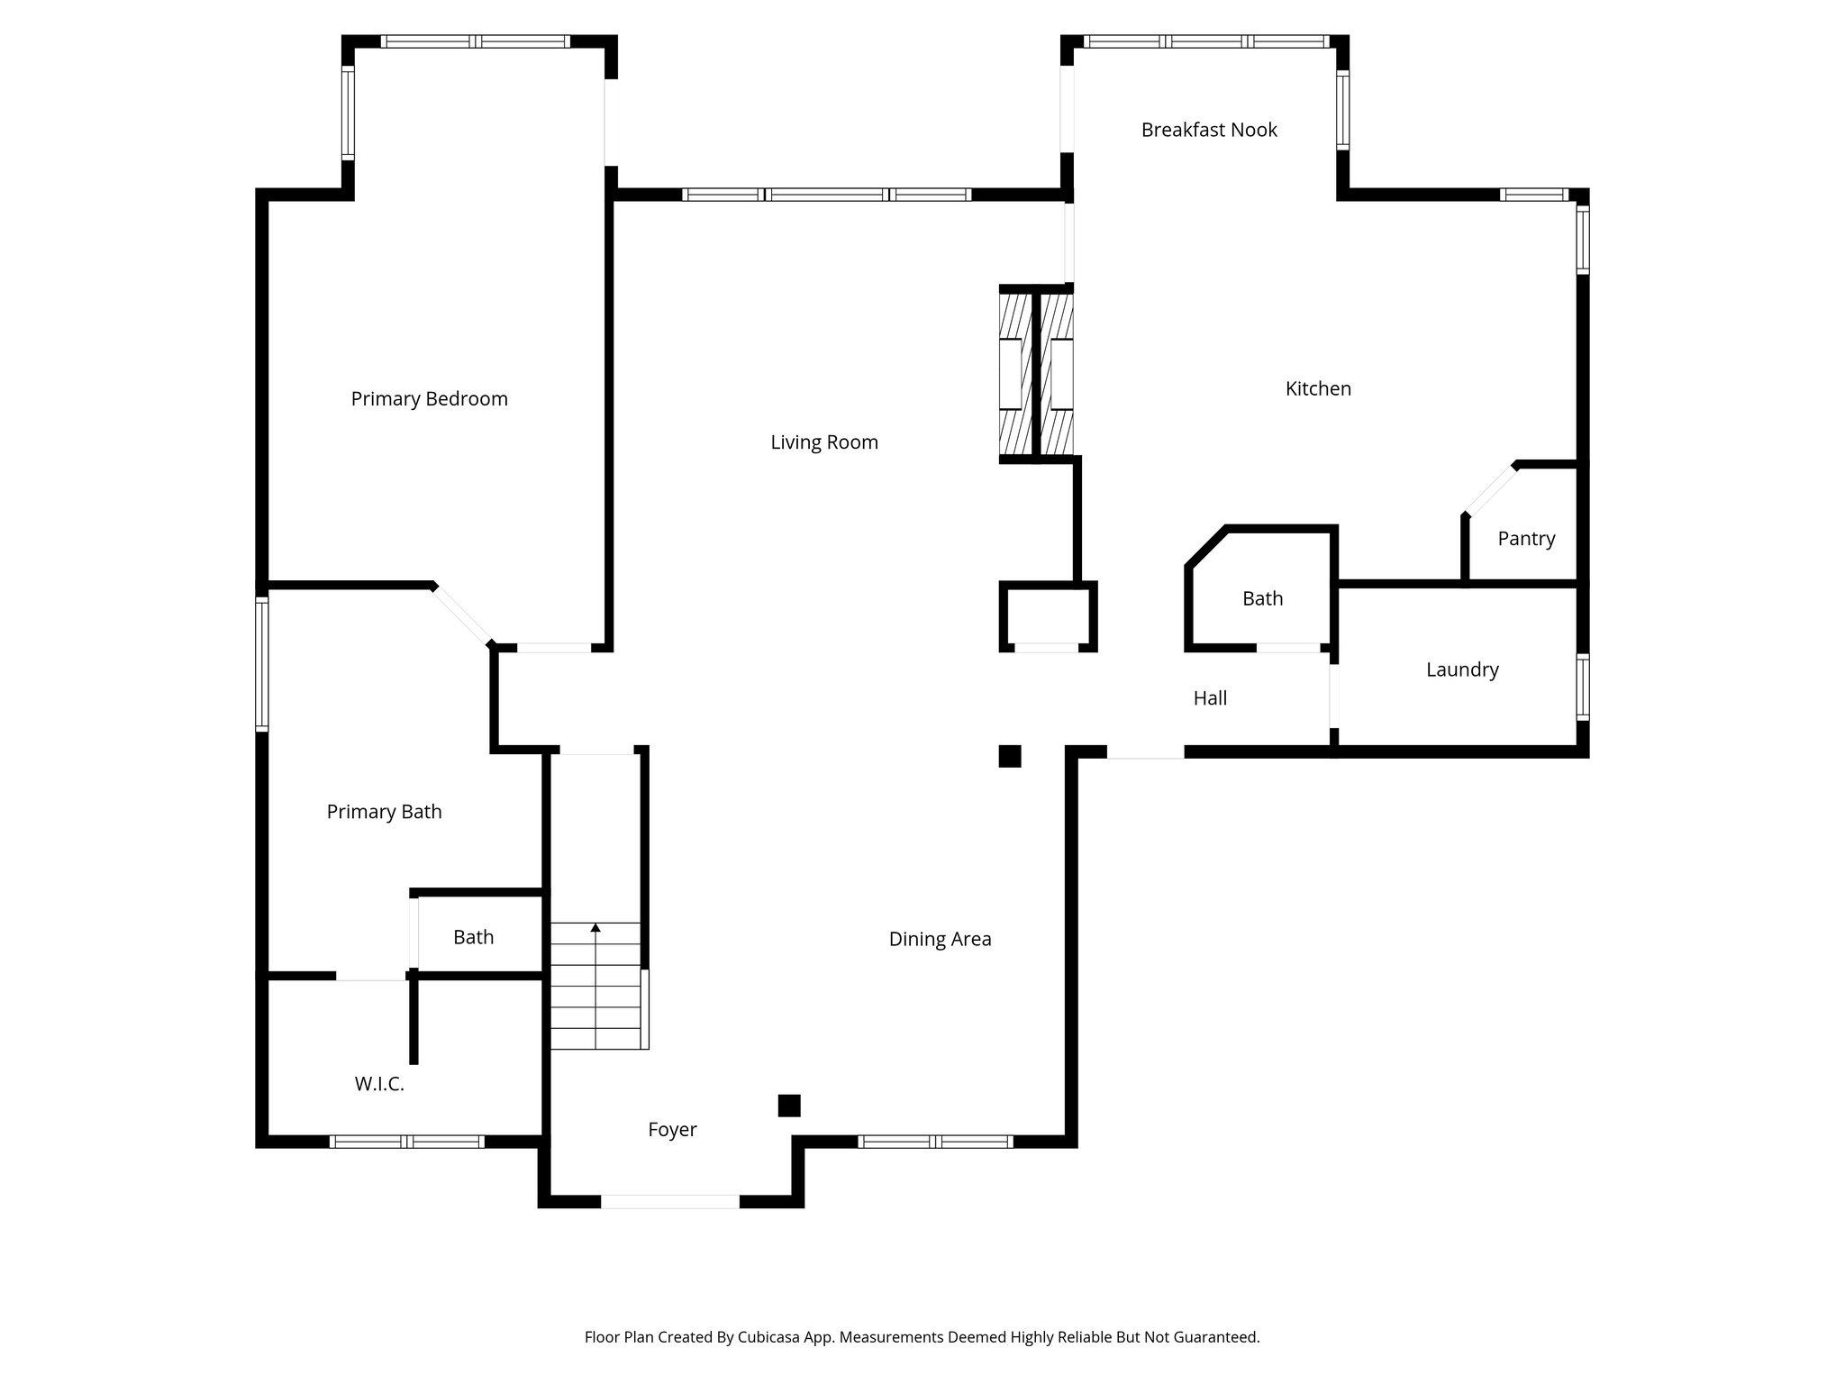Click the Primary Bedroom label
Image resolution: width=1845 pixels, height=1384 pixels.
(429, 398)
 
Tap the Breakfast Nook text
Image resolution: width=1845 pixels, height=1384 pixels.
(1209, 130)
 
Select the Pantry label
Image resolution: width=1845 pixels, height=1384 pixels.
(1526, 538)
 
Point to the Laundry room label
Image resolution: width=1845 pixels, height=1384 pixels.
(1462, 669)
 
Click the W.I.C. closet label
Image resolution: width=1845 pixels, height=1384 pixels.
(379, 1084)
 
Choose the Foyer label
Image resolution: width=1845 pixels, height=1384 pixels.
(672, 1129)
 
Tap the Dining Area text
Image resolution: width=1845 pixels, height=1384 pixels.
(940, 939)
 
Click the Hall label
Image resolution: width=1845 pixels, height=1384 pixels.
(1210, 697)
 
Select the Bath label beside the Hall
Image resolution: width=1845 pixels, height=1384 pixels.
(1262, 598)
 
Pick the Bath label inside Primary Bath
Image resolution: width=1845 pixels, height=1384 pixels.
(473, 937)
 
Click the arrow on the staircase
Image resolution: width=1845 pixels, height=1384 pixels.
(595, 927)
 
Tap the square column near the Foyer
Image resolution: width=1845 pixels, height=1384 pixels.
(789, 1106)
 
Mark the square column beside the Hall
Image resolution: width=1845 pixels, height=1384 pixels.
(1010, 756)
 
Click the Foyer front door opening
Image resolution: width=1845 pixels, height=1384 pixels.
(670, 1201)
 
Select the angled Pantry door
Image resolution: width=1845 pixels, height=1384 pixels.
(1489, 489)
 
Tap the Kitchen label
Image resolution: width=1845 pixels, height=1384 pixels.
(1318, 388)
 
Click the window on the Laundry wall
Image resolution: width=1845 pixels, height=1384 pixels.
(1583, 687)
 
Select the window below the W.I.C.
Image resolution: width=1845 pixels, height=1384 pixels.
(407, 1142)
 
